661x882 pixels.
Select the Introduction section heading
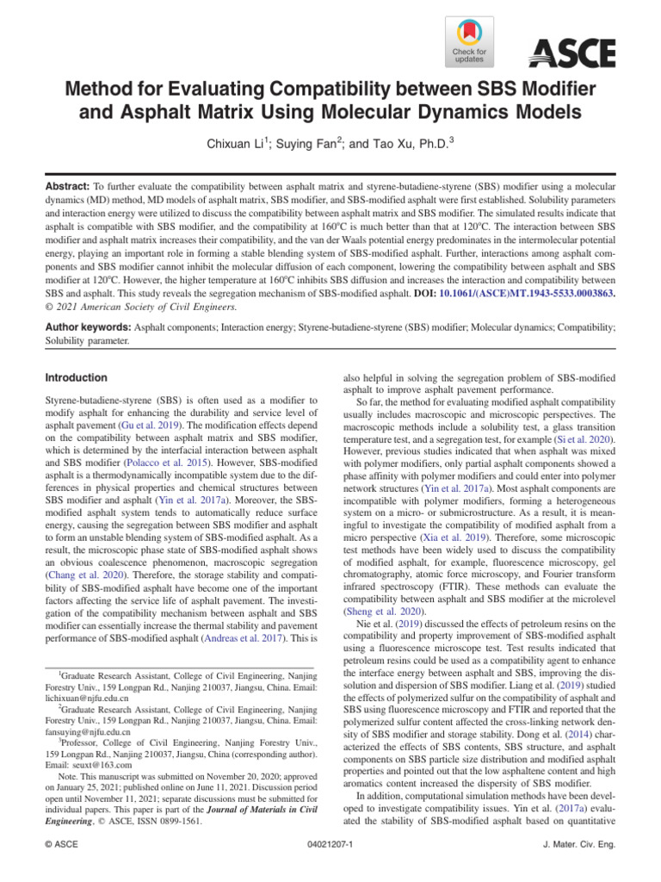(76, 377)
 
